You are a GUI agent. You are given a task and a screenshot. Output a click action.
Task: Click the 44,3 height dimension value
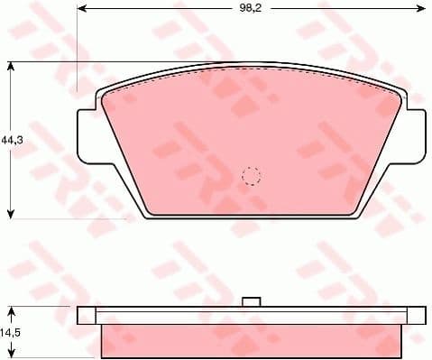click(x=11, y=140)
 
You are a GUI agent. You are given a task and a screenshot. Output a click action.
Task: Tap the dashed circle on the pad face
click(x=252, y=175)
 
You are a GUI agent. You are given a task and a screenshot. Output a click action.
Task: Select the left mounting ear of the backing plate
click(x=88, y=135)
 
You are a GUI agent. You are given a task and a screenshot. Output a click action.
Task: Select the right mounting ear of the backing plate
click(x=415, y=135)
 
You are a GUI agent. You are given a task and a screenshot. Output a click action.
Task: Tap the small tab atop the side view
click(x=253, y=302)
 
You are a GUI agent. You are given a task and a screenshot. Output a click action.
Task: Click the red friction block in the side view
click(x=252, y=340)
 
